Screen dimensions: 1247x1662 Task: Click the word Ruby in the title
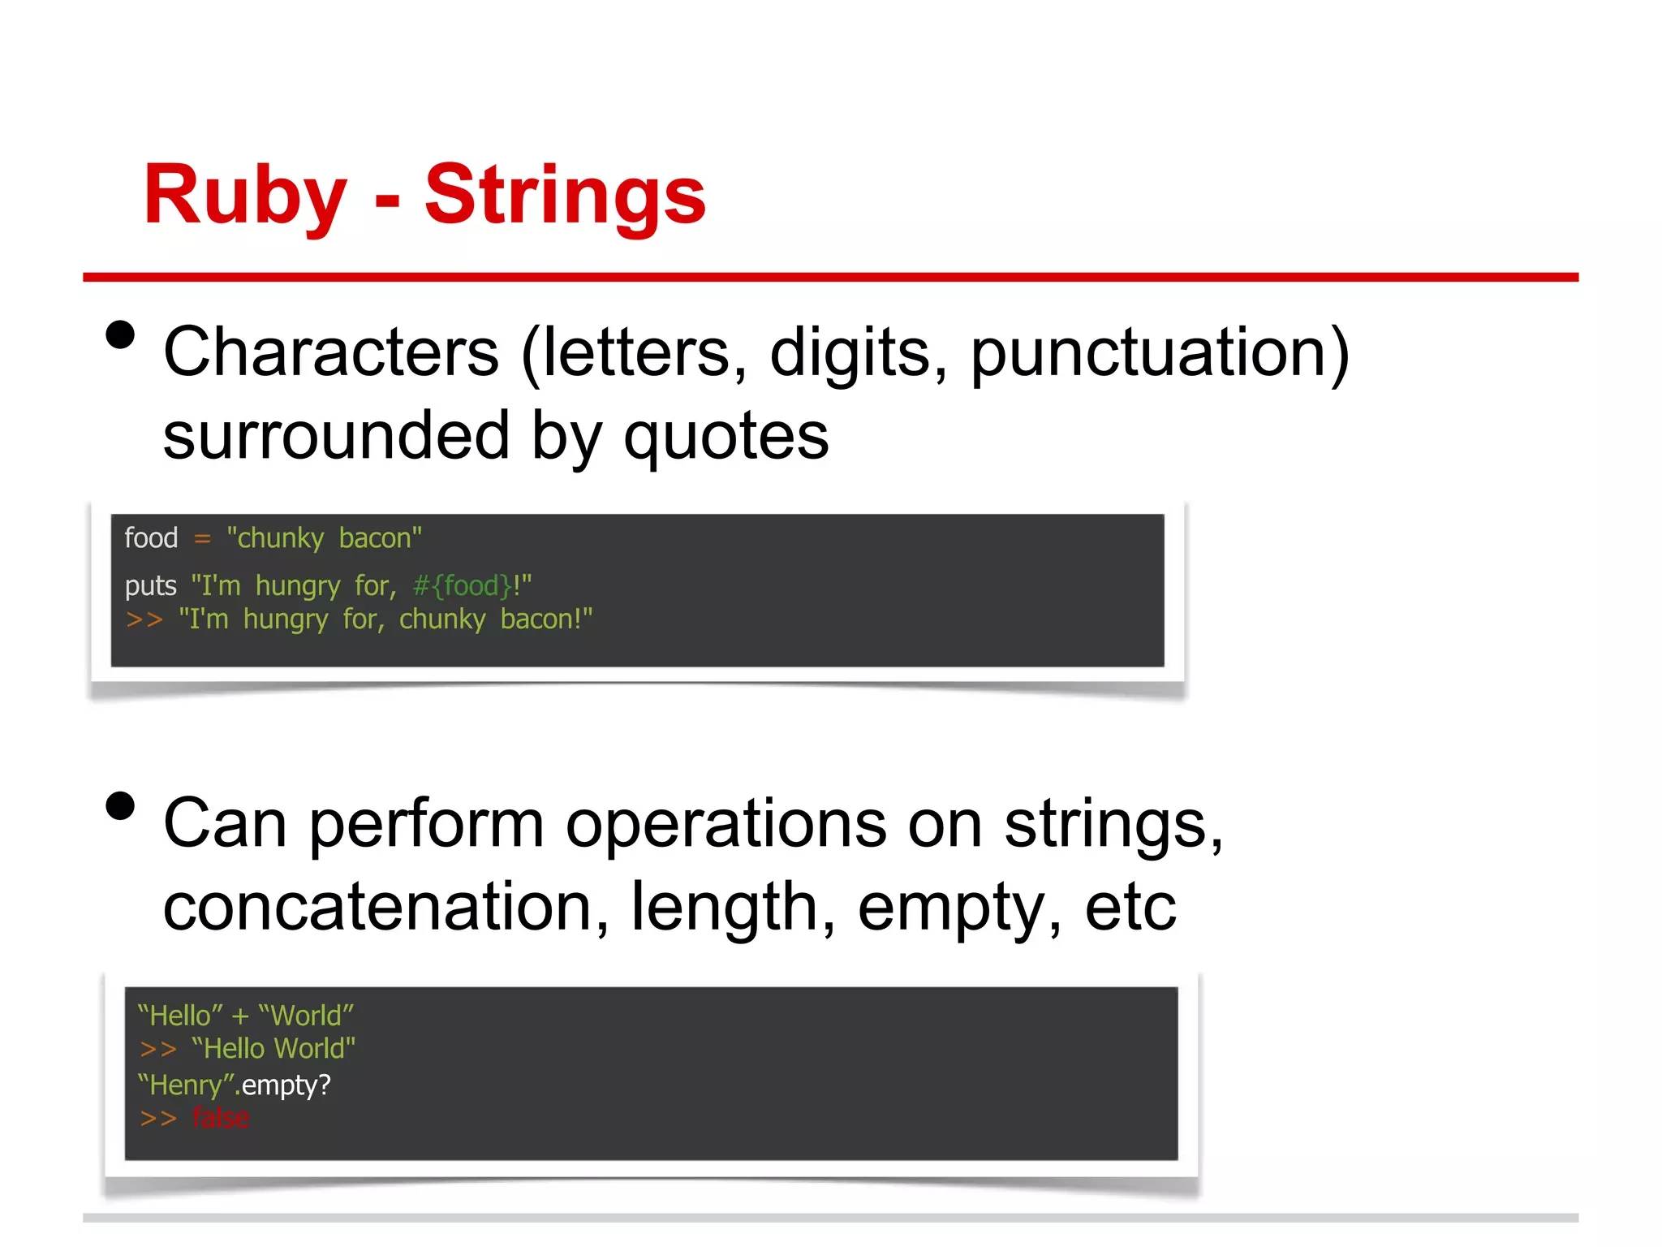click(x=244, y=195)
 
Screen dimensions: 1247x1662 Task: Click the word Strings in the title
click(x=565, y=195)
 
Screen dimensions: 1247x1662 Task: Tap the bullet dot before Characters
click(x=120, y=334)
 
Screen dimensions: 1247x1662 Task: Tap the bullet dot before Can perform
click(x=120, y=806)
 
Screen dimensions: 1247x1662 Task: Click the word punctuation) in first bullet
click(x=1160, y=353)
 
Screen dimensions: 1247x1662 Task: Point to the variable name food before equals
click(x=151, y=538)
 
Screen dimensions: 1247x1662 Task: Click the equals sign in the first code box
click(x=202, y=539)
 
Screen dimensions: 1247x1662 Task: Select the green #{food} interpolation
click(x=463, y=586)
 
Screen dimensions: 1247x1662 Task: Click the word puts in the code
click(x=150, y=586)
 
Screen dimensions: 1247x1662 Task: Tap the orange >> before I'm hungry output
click(x=144, y=619)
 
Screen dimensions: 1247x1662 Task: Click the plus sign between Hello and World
click(x=240, y=1016)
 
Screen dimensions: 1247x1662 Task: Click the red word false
click(x=220, y=1119)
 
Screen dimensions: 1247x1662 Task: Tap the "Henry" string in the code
click(x=186, y=1085)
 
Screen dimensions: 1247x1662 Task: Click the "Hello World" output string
click(x=273, y=1049)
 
